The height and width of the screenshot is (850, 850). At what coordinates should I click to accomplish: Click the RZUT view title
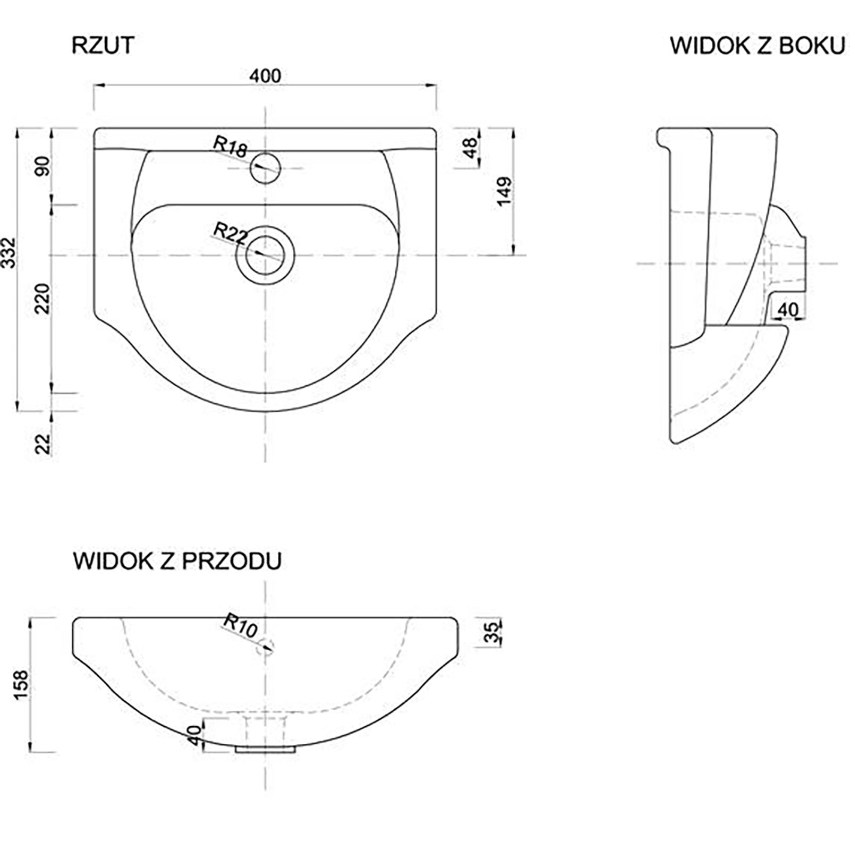pyautogui.click(x=103, y=46)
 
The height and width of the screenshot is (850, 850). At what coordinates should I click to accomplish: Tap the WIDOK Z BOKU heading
pyautogui.click(x=757, y=46)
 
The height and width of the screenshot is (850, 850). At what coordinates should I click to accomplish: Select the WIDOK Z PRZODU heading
pyautogui.click(x=177, y=562)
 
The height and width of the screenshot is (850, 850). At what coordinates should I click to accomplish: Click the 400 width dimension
pyautogui.click(x=266, y=76)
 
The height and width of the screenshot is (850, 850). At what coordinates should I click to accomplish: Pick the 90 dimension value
pyautogui.click(x=43, y=166)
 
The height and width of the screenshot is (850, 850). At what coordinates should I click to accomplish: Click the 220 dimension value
pyautogui.click(x=43, y=299)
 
